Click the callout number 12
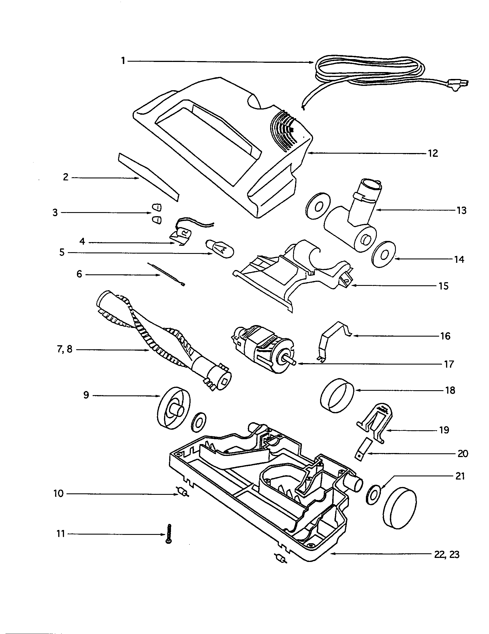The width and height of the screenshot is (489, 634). (x=433, y=153)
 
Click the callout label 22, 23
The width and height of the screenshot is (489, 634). (x=447, y=555)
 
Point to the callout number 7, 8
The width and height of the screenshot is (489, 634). (x=65, y=350)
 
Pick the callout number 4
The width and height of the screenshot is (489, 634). (x=82, y=241)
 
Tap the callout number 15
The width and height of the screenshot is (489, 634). (x=443, y=286)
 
